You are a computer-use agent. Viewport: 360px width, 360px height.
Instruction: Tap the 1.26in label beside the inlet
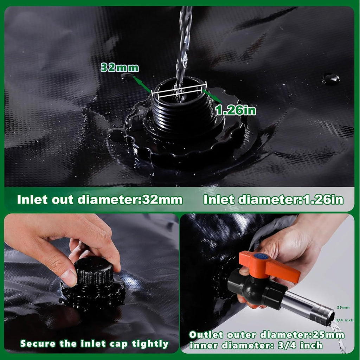(236, 111)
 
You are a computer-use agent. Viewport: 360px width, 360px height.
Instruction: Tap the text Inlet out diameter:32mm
(100, 200)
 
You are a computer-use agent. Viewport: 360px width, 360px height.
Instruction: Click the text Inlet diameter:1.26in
(273, 200)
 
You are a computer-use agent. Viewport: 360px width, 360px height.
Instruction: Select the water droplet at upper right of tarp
(330, 78)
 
